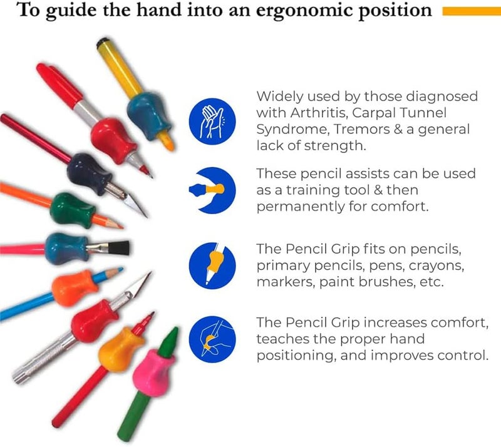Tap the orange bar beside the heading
(x=472, y=11)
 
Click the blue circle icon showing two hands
(x=212, y=121)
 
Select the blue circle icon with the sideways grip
(x=212, y=190)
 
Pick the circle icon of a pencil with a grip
(x=212, y=265)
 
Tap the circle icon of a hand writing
(x=212, y=339)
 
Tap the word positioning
(x=296, y=356)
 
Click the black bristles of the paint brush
(x=119, y=248)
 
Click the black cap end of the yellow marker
(x=103, y=43)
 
